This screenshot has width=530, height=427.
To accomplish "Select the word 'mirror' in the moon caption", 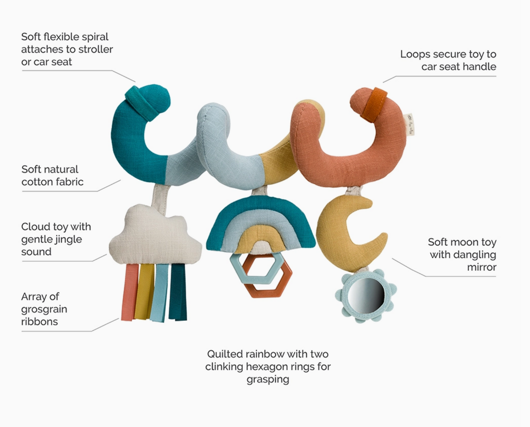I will point(481,267).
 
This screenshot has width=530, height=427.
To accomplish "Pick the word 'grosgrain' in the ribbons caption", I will point(44,309).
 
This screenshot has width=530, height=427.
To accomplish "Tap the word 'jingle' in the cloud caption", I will point(67,240).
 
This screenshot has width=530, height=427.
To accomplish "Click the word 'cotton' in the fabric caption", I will point(37,182).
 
